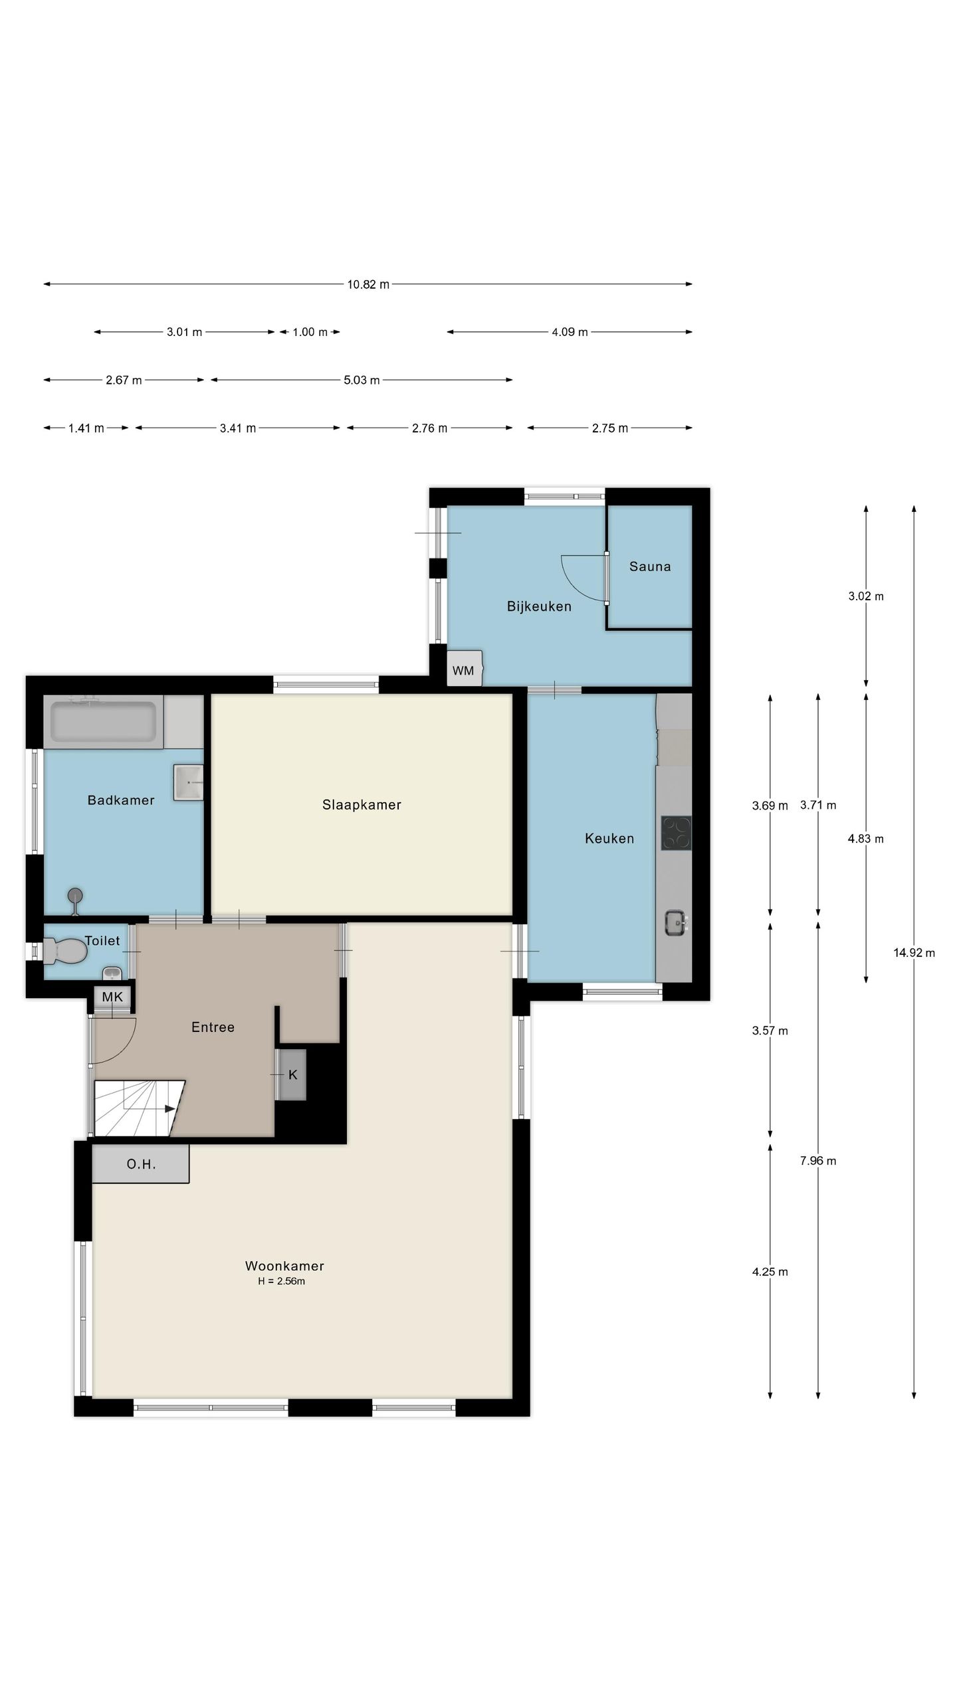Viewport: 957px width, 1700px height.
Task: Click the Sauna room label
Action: coord(649,566)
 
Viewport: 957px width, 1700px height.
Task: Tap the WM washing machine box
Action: coord(464,667)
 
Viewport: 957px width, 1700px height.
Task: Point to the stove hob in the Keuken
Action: coord(676,833)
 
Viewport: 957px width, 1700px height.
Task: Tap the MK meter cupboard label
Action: coord(112,997)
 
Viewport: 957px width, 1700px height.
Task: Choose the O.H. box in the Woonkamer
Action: coord(141,1163)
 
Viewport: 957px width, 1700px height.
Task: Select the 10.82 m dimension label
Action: coord(368,284)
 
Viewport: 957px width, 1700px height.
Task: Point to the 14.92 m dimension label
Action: coord(914,953)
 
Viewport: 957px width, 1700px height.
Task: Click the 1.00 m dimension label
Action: coord(310,332)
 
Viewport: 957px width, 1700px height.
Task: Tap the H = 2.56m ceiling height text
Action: coord(282,1281)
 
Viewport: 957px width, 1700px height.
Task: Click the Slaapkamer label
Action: coord(362,805)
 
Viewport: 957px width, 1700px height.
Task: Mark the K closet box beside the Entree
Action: coord(292,1074)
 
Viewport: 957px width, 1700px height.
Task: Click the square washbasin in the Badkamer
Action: coord(188,782)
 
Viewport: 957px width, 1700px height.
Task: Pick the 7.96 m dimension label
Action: coord(818,1161)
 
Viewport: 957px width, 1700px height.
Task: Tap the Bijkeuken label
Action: coord(539,606)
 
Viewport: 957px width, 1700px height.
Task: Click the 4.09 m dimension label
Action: coord(570,332)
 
